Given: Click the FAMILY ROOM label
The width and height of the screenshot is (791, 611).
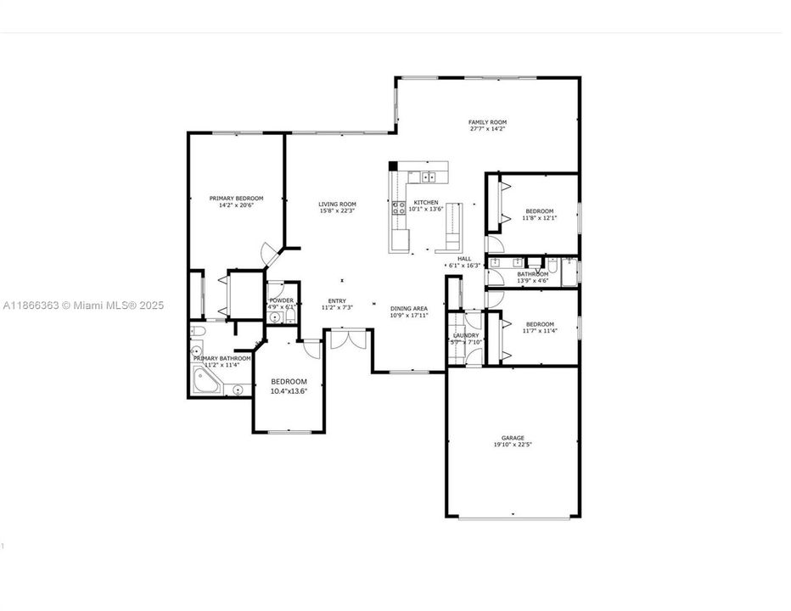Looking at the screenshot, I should pos(487,122).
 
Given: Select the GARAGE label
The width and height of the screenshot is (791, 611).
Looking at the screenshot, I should pos(513,438).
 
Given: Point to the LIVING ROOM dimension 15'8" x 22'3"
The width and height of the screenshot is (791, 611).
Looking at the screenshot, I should pos(337,211).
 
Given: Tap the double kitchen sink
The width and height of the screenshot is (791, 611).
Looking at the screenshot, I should pos(429,177).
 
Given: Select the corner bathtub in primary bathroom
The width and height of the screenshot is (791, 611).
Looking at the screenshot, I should pos(206,384).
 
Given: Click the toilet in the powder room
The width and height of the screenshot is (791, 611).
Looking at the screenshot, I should pos(289,317).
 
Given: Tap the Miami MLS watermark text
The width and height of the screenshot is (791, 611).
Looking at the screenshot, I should pos(82,305).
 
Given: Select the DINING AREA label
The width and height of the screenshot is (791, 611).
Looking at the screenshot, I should pos(408,308).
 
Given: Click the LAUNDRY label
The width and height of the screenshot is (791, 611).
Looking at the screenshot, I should pos(466,335).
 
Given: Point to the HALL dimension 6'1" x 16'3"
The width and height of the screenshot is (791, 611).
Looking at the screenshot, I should pos(463,266).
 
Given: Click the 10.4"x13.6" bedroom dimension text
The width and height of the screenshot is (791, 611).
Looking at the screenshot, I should pos(289,391).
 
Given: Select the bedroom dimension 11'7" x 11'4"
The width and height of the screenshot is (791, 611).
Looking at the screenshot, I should pos(539,332).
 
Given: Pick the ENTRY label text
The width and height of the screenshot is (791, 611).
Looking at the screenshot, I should pos(337,300).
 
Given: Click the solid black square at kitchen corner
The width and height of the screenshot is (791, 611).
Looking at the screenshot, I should pos(393,166).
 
